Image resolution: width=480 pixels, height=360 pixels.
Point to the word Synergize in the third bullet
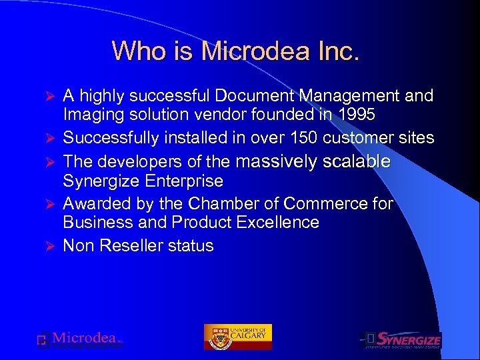(x=101, y=181)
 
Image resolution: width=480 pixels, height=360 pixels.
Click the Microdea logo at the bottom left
(x=80, y=341)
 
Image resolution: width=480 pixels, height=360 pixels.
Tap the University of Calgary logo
(x=238, y=337)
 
